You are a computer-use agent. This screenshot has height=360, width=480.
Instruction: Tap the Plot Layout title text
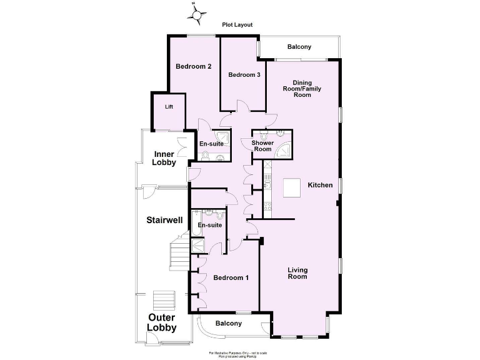[237, 25]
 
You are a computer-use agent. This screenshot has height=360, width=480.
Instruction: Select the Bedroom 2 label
[193, 66]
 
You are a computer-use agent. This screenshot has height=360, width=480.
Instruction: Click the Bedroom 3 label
[244, 75]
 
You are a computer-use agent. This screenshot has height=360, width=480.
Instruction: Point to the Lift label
[169, 107]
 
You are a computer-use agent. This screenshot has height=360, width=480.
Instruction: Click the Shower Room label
[262, 146]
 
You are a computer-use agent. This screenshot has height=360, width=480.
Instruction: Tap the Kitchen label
[320, 185]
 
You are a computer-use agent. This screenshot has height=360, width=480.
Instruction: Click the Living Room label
[297, 273]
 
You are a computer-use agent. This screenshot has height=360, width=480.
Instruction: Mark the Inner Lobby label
[164, 158]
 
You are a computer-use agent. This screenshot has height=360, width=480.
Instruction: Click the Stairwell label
[164, 220]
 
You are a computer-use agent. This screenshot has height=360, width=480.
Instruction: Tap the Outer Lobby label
[162, 322]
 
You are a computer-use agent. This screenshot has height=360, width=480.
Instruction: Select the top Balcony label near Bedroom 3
[299, 47]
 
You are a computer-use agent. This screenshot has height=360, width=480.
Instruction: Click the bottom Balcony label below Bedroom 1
[228, 323]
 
